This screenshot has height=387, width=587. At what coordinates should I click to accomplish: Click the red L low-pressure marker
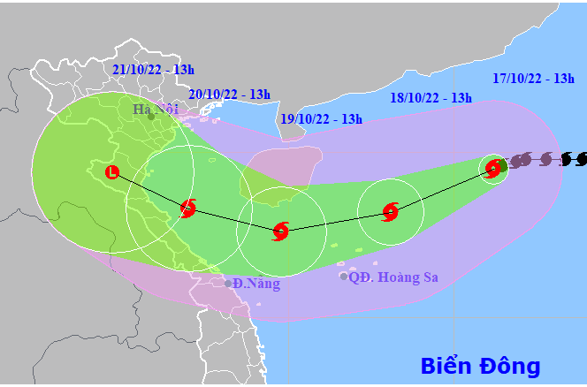click(112, 172)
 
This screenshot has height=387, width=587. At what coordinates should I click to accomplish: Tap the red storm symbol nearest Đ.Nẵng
click(188, 209)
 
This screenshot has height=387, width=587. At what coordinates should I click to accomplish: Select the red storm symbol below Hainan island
click(281, 231)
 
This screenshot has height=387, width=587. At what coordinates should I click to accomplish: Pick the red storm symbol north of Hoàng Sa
click(391, 211)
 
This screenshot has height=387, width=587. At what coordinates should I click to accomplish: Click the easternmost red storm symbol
click(493, 167)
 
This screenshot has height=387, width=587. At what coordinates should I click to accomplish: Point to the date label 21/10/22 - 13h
click(153, 68)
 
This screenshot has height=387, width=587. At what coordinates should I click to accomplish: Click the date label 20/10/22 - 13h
click(229, 94)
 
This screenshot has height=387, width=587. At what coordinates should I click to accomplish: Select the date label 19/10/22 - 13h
click(322, 118)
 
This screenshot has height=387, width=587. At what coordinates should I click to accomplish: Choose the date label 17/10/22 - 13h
click(534, 79)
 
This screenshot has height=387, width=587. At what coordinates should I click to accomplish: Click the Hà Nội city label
click(155, 109)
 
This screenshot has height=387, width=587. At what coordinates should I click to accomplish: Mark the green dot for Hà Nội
click(151, 116)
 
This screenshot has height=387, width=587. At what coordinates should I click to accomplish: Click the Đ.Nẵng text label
click(256, 284)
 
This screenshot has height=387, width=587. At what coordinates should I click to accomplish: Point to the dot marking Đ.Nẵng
click(228, 284)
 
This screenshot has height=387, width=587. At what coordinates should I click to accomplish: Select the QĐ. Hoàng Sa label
click(393, 277)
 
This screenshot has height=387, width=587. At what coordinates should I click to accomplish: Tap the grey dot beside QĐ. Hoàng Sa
click(344, 277)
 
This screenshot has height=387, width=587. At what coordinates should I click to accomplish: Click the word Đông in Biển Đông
click(512, 365)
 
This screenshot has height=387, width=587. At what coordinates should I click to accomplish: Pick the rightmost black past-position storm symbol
click(580, 159)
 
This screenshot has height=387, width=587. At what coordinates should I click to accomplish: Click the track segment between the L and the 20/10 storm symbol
click(150, 190)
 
